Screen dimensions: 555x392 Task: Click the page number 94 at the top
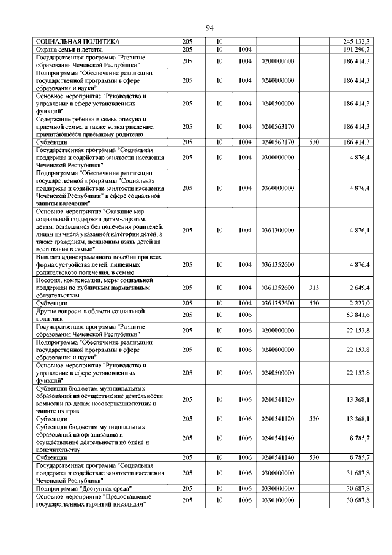pos(209,28)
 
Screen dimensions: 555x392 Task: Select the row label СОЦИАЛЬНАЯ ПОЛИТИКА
pos(72,40)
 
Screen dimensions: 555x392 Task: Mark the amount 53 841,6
pos(358,315)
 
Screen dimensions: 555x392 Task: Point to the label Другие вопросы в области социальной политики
pos(89,315)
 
